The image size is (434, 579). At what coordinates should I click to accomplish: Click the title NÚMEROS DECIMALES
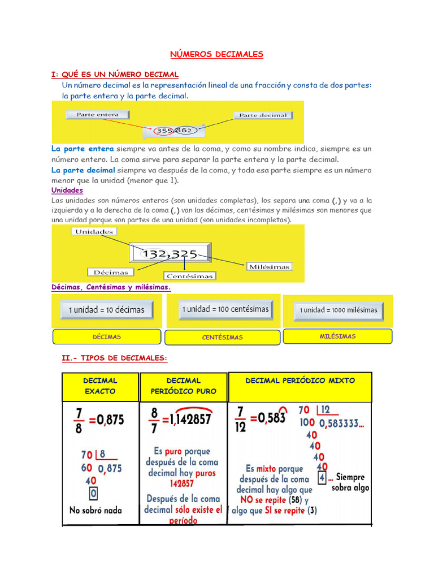coord(217,54)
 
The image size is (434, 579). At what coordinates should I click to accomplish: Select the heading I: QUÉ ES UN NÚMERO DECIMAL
coord(115,74)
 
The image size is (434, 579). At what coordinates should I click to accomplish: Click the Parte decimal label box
coord(263,115)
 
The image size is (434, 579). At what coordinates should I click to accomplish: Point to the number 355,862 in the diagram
coord(175,131)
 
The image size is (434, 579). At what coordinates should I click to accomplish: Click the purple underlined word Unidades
coord(67,191)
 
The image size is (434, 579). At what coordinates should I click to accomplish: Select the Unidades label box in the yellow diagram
coord(94,231)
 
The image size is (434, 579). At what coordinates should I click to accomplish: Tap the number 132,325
coord(169,254)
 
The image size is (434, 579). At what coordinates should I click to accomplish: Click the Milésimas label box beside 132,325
coord(269,266)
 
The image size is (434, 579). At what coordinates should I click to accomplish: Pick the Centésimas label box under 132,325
coord(190,276)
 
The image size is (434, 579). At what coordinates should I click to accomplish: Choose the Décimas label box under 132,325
coord(110,272)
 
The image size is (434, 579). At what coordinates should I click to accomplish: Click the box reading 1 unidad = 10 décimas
coord(106,310)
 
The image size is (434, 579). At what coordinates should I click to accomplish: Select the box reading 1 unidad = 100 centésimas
coord(225,309)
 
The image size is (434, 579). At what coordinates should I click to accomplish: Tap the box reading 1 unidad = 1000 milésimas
coord(338,310)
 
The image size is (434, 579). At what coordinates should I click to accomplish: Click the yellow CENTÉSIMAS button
coord(222,338)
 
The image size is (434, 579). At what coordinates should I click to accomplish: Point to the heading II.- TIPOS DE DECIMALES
coord(115,358)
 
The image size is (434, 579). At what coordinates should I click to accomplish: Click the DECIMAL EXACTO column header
coord(100,386)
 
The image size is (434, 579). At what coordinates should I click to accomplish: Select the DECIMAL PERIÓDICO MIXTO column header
coord(300,381)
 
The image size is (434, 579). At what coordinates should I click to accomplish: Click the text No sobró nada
coord(96,510)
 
